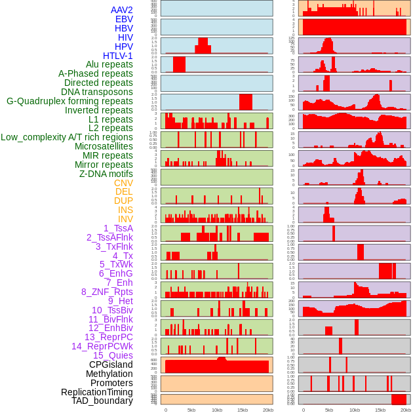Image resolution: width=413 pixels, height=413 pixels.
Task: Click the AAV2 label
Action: pos(121,10)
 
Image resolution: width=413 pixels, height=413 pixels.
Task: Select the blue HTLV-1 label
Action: pos(117,56)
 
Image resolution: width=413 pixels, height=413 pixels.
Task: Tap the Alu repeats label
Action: pos(109,64)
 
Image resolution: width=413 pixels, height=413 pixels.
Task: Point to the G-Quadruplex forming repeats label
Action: pos(69,101)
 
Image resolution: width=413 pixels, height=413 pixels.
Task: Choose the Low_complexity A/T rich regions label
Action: pos(67,137)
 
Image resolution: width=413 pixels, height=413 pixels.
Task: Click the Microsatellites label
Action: pos(104,146)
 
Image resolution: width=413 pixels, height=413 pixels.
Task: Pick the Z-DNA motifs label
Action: pos(106,174)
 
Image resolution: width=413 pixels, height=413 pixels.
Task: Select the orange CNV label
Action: pos(123,183)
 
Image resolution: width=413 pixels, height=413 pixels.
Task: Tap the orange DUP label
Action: pos(123,201)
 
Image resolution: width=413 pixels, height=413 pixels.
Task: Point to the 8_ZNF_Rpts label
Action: pos(107,292)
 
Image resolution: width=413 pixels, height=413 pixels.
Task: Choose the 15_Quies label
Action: pos(113,355)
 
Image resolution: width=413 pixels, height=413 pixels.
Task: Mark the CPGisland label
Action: pos(111,364)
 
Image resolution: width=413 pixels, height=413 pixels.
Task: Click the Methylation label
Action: pos(109,374)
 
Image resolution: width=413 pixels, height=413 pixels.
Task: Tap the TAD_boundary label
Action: pos(102,401)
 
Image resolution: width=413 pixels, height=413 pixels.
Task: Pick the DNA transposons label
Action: pos(97,92)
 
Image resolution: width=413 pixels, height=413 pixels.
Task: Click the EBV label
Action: pos(124,19)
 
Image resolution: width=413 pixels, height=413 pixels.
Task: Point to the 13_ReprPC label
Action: pos(108,337)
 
